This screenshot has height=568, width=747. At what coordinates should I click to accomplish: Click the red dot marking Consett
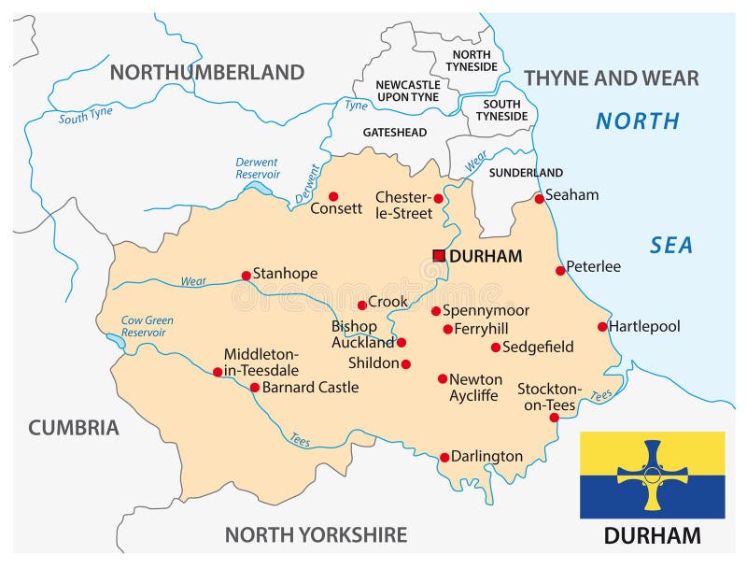tap(333, 196)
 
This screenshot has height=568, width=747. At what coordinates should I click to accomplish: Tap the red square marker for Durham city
tap(439, 255)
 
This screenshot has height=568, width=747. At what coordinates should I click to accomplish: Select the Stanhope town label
tap(285, 274)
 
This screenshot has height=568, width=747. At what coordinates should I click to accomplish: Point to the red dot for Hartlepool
tap(602, 327)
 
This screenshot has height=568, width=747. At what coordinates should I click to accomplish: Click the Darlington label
tap(486, 457)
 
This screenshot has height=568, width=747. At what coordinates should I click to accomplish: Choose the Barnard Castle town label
tap(310, 387)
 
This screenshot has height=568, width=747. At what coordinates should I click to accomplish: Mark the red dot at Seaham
tap(539, 199)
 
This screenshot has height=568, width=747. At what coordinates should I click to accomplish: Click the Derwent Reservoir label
tap(258, 167)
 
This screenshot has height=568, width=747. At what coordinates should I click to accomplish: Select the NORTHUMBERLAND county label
tap(207, 73)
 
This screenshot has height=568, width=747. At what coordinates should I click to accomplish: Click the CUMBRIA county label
tap(74, 428)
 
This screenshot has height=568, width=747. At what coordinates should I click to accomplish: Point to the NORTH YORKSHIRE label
tap(316, 534)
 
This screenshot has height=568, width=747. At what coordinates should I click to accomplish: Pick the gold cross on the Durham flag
tap(652, 475)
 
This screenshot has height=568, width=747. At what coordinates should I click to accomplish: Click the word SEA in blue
tap(671, 245)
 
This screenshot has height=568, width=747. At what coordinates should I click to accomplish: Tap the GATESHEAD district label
tap(394, 133)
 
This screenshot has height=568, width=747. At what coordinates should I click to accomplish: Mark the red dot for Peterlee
tap(560, 271)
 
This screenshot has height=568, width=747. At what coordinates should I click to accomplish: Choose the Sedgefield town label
tap(538, 347)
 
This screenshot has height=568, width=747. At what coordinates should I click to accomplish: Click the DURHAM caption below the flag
tap(652, 536)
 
